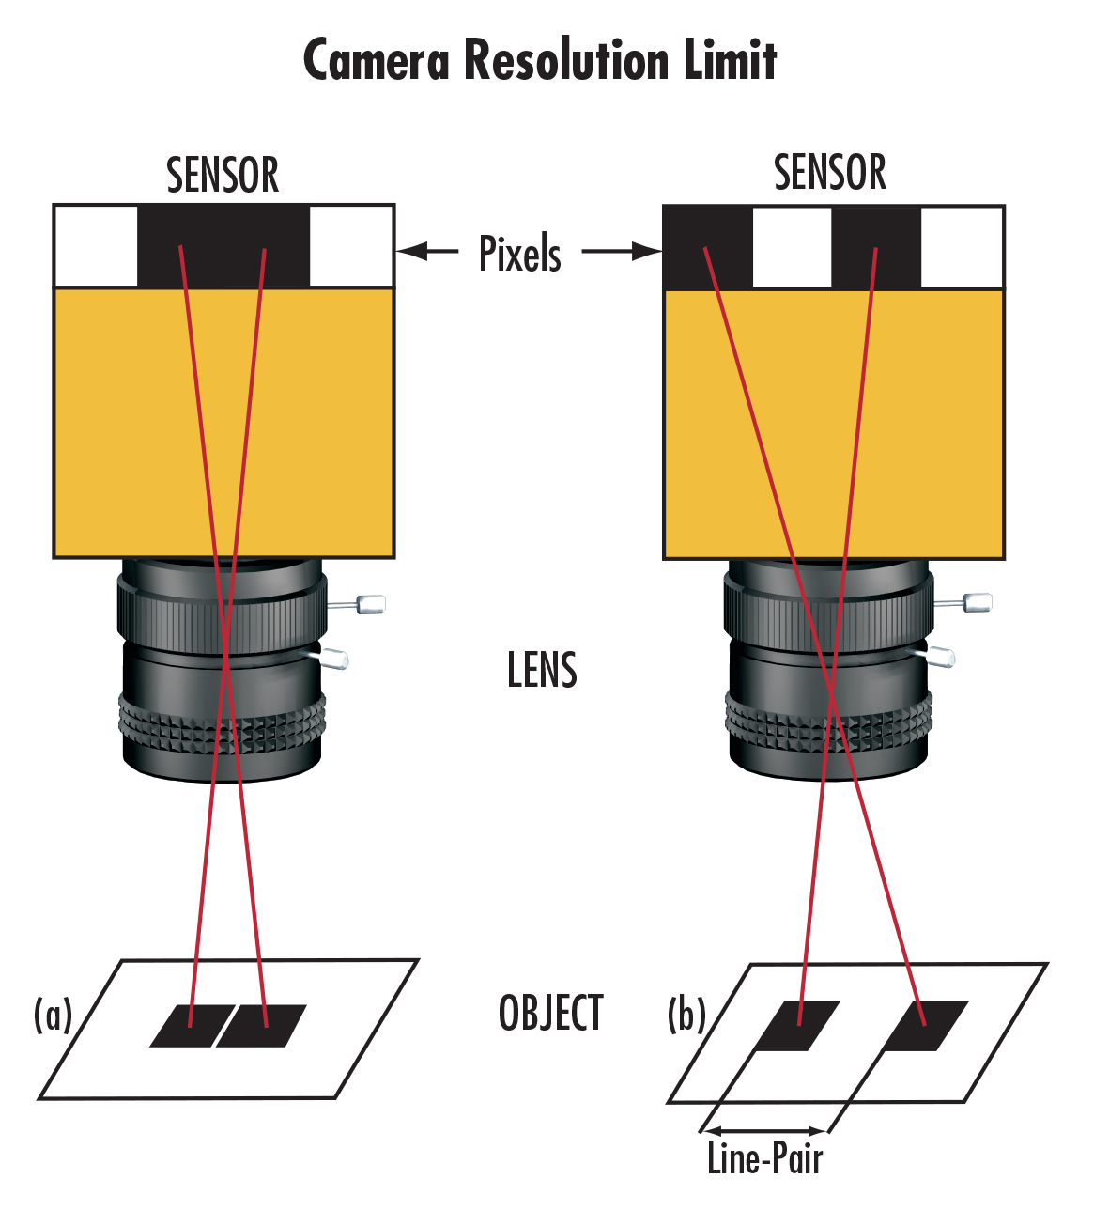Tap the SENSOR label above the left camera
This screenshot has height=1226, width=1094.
coord(223,176)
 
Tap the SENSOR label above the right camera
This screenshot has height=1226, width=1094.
coord(830,173)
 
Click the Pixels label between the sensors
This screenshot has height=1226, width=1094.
coord(520,254)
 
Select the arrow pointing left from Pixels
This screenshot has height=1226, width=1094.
coord(427,251)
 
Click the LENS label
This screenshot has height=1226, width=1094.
coord(542,670)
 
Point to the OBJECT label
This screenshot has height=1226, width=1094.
coord(550,1014)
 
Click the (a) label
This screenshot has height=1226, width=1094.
coord(53,1015)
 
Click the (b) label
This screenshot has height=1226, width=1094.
coord(686,1015)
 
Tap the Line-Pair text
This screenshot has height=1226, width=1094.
coord(764,1158)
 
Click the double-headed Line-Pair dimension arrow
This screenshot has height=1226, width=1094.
coord(764,1130)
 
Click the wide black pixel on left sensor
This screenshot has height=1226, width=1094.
coord(223,246)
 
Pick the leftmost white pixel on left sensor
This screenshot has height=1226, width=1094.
coord(96,246)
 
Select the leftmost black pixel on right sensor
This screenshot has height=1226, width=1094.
coord(708,247)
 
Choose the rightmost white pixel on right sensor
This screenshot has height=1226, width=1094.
coord(962,247)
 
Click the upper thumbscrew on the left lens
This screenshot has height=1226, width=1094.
coord(367,604)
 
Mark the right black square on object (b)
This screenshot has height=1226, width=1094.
coord(926,1025)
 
